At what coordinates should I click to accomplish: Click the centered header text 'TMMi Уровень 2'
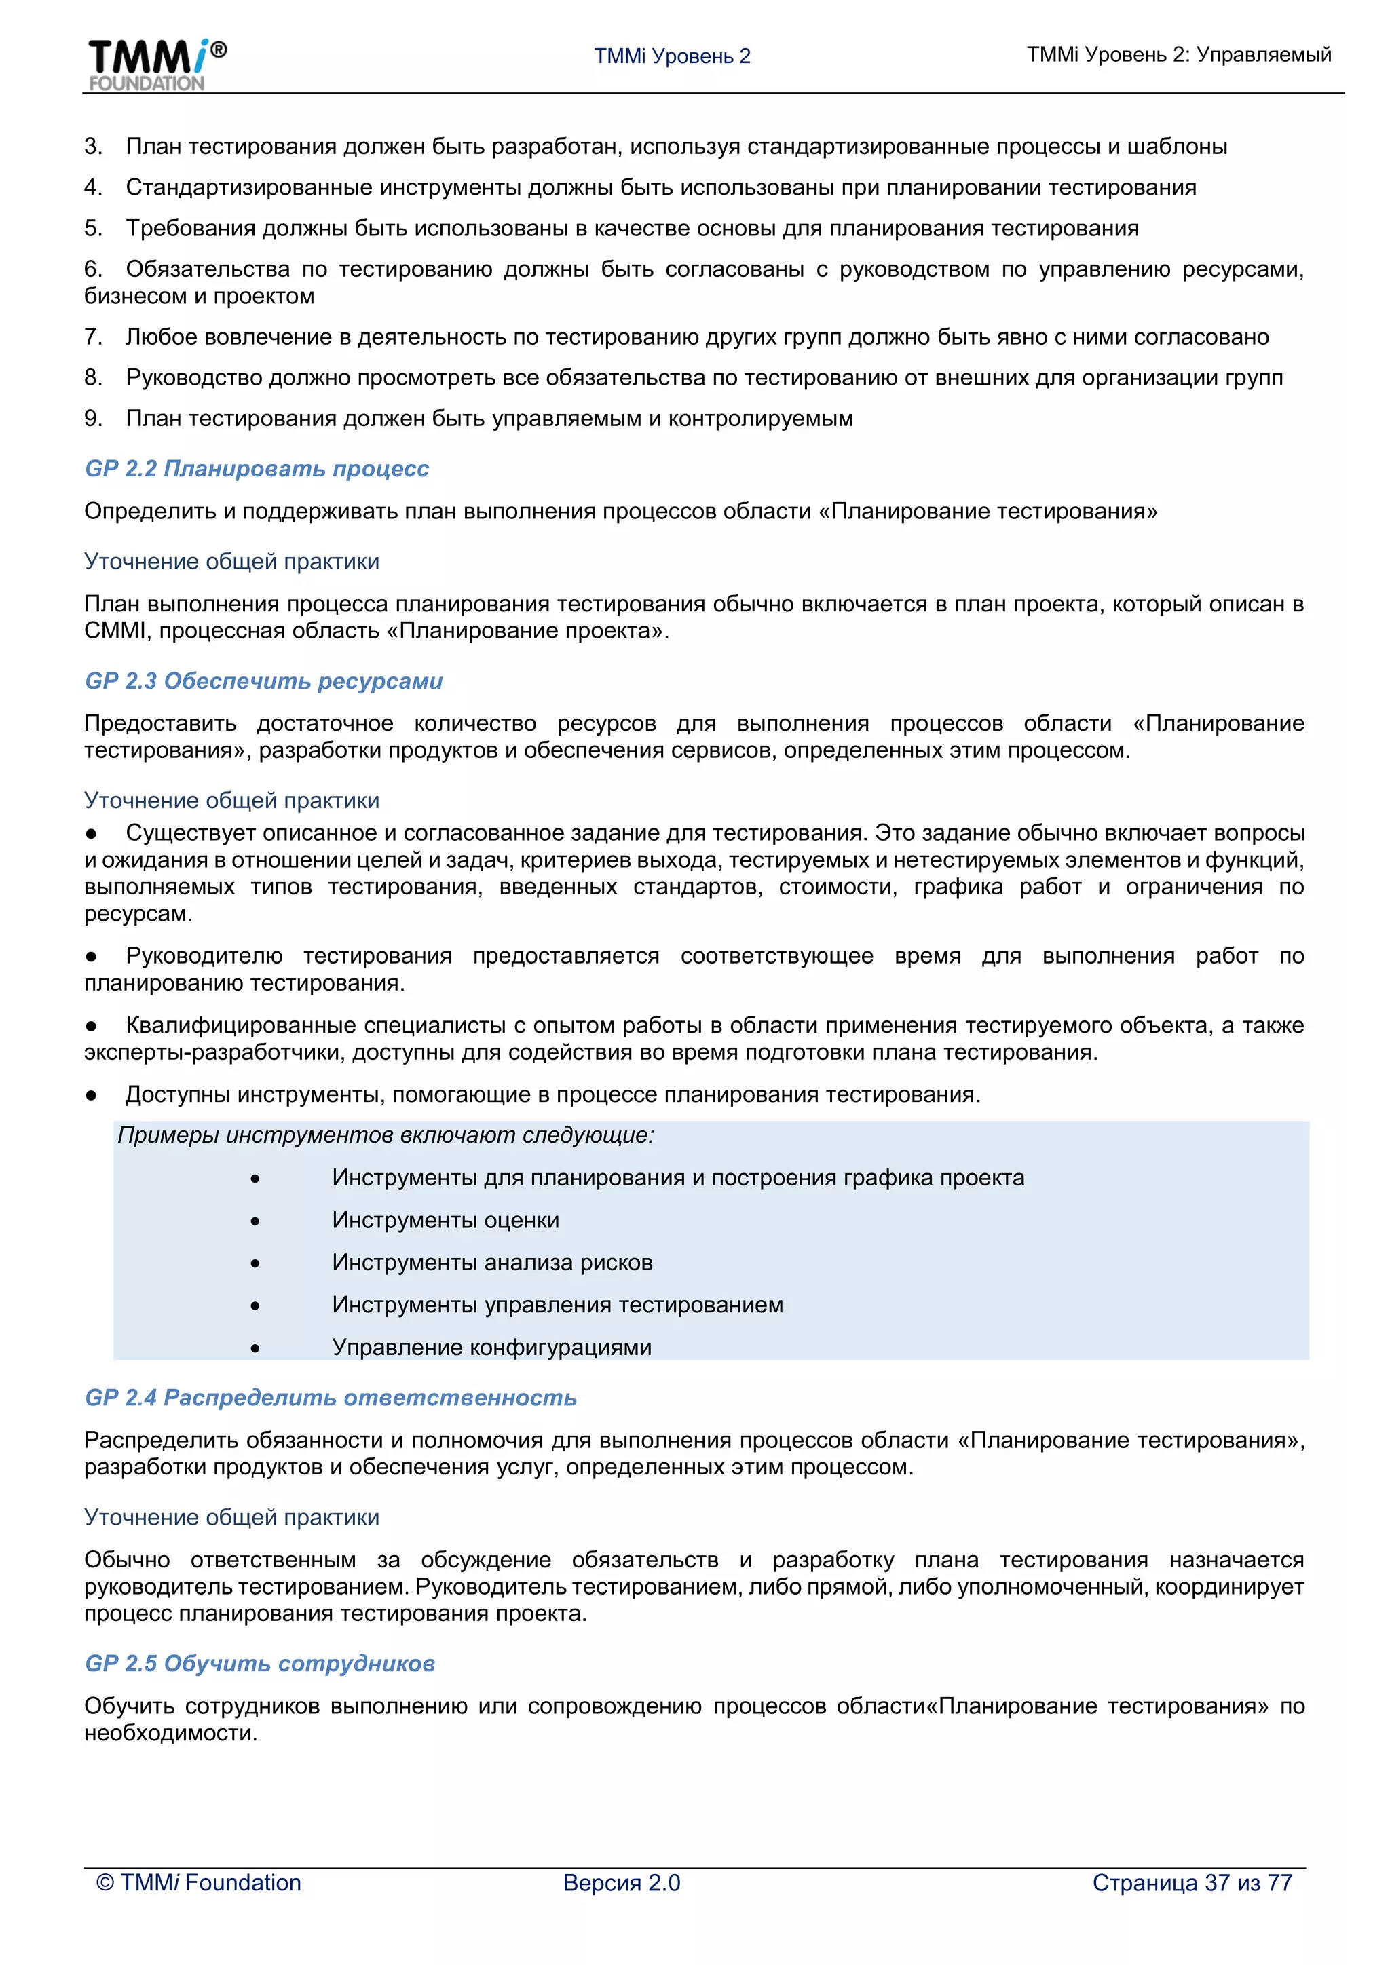click(x=672, y=56)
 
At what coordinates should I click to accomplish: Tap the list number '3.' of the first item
click(x=93, y=147)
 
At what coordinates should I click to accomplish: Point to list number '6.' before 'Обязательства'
click(x=93, y=269)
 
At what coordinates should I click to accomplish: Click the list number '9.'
click(x=93, y=419)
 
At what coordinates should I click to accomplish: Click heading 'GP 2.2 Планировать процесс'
click(x=257, y=469)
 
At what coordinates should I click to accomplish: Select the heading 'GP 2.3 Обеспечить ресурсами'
click(x=263, y=681)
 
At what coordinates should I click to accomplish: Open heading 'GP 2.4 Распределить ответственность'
click(x=331, y=1398)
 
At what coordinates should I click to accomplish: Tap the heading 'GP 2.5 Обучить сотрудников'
click(x=260, y=1664)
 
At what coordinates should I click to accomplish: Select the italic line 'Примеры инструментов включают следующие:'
click(x=385, y=1136)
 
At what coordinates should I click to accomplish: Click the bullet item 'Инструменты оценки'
click(x=445, y=1221)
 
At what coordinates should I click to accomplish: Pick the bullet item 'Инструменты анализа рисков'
click(x=492, y=1263)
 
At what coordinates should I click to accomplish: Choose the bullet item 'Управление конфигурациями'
click(x=491, y=1348)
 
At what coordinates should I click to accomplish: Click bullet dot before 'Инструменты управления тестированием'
click(x=255, y=1306)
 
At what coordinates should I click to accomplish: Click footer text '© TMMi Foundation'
click(x=199, y=1883)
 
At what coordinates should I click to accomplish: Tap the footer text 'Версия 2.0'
click(x=622, y=1883)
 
